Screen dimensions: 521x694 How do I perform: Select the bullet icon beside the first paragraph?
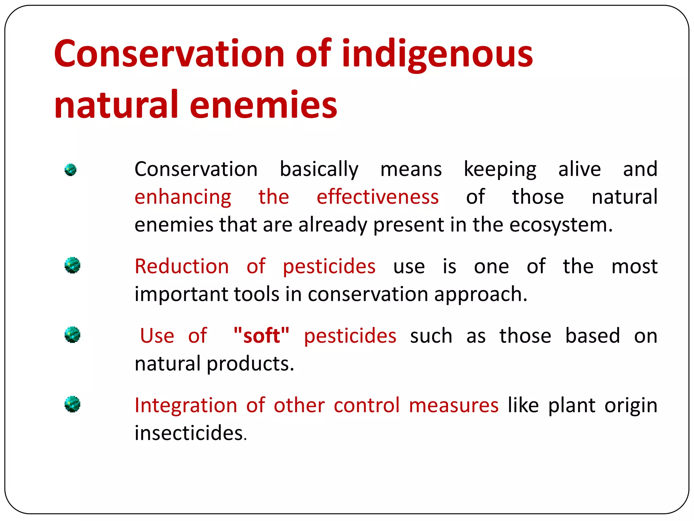click(x=70, y=170)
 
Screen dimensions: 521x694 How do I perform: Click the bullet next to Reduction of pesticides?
click(x=72, y=265)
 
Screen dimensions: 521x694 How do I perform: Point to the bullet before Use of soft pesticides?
click(x=72, y=335)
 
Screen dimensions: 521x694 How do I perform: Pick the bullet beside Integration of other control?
click(x=72, y=404)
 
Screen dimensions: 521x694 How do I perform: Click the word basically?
click(x=319, y=170)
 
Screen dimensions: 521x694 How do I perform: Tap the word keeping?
click(x=500, y=170)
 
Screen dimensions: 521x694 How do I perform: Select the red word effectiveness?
click(x=377, y=197)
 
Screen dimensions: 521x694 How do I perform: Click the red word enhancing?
click(x=183, y=197)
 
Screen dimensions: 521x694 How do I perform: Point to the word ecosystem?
click(x=561, y=225)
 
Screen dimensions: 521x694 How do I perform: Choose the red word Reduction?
click(x=182, y=266)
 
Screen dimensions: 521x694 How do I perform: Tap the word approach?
click(x=481, y=294)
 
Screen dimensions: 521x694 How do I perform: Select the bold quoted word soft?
click(x=261, y=335)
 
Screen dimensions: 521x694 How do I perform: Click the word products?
click(x=250, y=364)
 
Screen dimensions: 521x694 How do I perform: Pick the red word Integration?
click(x=186, y=405)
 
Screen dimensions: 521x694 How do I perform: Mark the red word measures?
click(x=453, y=405)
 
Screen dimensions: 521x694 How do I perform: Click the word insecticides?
click(x=190, y=433)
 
